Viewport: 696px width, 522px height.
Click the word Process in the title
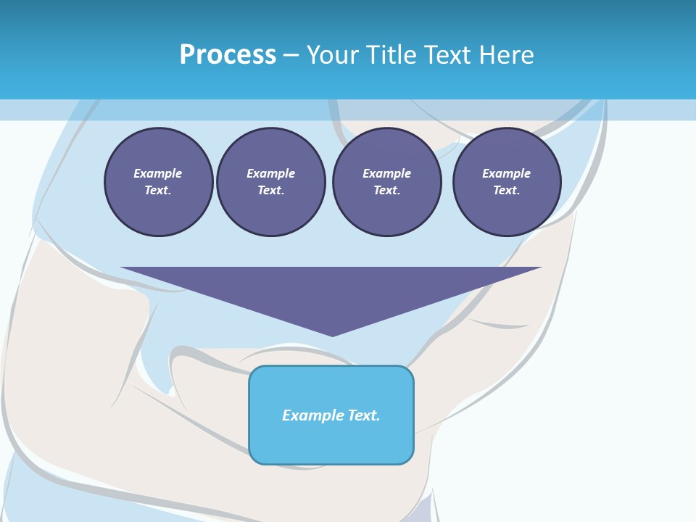(x=228, y=55)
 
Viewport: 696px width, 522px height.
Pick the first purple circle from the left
(x=158, y=182)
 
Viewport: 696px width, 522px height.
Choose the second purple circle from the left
(x=271, y=182)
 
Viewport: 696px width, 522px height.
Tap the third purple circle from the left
(x=387, y=182)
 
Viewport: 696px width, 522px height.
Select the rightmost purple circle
(x=507, y=182)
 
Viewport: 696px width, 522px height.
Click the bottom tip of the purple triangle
(x=332, y=335)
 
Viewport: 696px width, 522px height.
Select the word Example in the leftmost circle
(x=158, y=173)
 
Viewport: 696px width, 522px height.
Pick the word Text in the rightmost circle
(x=506, y=191)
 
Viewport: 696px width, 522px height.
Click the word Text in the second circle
(x=270, y=191)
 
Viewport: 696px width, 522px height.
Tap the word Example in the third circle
(x=387, y=173)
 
